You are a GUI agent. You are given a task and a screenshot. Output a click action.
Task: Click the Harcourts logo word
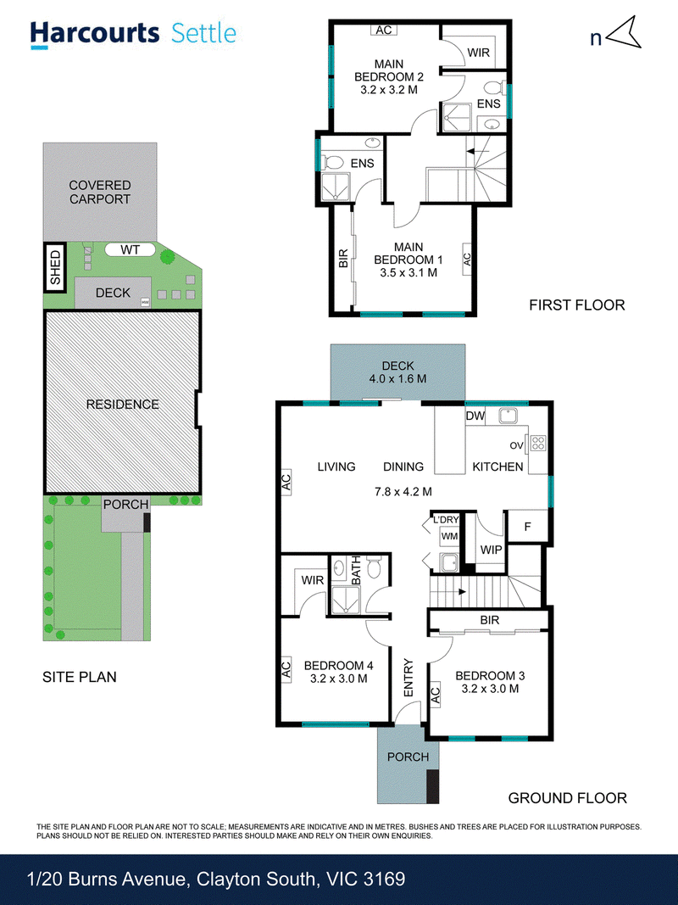[x=95, y=34]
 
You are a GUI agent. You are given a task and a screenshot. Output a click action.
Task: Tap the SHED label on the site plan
[x=55, y=267]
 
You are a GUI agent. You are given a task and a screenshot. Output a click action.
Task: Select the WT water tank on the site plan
[x=130, y=250]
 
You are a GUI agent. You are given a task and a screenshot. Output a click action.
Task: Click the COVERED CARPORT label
[x=100, y=193]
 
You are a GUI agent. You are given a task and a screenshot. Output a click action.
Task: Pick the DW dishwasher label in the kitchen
[x=475, y=416]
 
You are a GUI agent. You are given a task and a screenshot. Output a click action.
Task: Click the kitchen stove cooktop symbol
[x=538, y=443]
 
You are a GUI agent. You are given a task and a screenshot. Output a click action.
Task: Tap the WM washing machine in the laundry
[x=449, y=536]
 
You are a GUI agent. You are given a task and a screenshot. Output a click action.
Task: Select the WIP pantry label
[x=492, y=550]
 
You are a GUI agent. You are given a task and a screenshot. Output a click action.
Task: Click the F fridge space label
[x=527, y=527]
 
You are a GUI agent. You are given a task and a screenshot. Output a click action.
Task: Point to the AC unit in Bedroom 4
[x=286, y=669]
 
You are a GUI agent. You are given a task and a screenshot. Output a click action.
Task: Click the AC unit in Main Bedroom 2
[x=384, y=30]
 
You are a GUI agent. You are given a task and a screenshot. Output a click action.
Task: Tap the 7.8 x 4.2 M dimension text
[x=403, y=492]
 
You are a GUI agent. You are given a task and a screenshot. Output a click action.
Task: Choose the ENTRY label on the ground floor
[x=408, y=678]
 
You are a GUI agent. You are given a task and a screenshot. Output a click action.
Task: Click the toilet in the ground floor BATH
[x=375, y=567]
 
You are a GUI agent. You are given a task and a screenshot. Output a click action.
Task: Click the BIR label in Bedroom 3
[x=490, y=620]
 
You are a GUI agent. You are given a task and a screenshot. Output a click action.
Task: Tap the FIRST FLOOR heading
[x=577, y=304]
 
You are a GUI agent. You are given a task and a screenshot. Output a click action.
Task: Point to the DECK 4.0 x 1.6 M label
[x=397, y=372]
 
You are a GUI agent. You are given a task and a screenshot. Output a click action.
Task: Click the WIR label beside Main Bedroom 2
[x=479, y=53]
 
